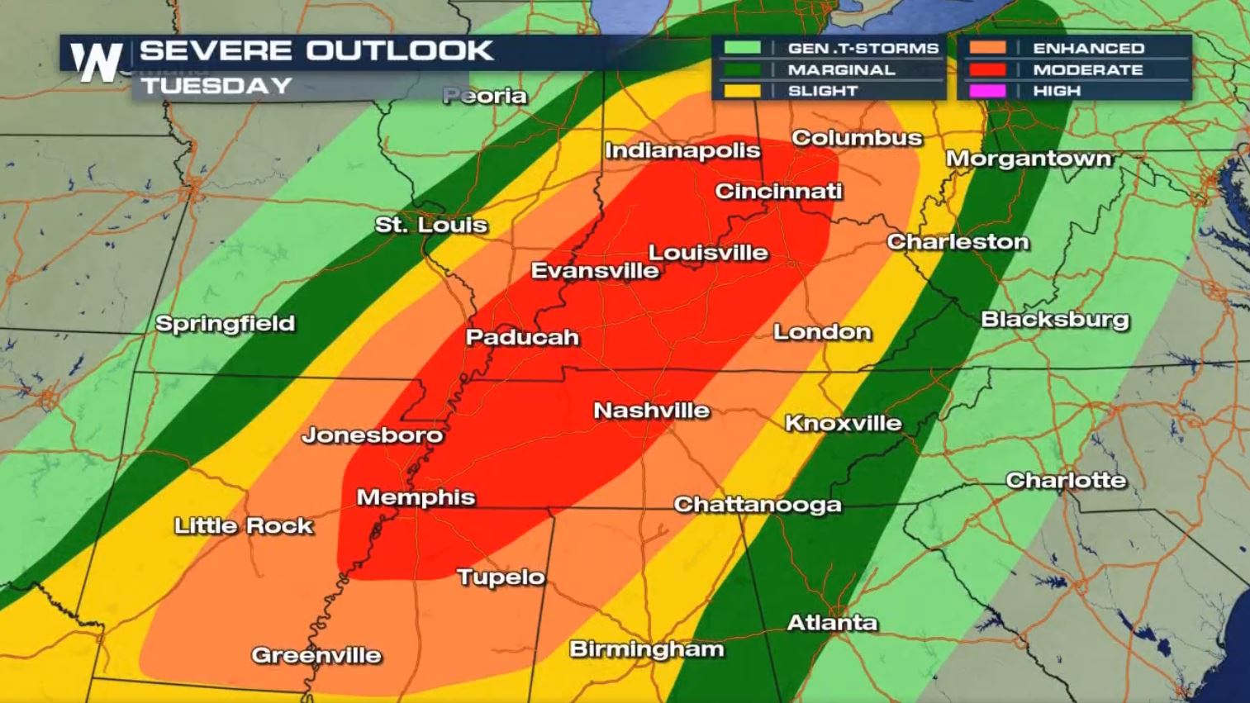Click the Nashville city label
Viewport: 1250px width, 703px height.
(652, 411)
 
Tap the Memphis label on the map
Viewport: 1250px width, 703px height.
(416, 497)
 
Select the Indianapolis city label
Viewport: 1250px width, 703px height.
(682, 150)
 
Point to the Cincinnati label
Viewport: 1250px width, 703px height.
(778, 192)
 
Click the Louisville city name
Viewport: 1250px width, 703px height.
(708, 253)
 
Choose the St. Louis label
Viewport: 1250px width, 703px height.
(430, 225)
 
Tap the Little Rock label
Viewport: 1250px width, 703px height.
(244, 525)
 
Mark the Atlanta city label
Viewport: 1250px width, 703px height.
(832, 623)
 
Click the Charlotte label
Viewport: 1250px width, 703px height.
(1066, 480)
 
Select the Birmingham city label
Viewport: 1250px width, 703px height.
(647, 649)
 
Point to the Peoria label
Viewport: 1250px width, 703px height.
(485, 96)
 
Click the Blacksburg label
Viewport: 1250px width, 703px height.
(1054, 320)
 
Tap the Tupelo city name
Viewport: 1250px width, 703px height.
(501, 577)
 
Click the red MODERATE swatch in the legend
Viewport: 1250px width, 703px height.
(987, 70)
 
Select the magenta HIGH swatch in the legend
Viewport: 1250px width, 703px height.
(987, 91)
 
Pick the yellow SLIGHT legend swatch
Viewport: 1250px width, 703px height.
(742, 91)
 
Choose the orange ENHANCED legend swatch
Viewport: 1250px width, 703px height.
(987, 49)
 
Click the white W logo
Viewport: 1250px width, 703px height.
(96, 63)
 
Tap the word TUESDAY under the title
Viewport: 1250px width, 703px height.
(216, 86)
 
